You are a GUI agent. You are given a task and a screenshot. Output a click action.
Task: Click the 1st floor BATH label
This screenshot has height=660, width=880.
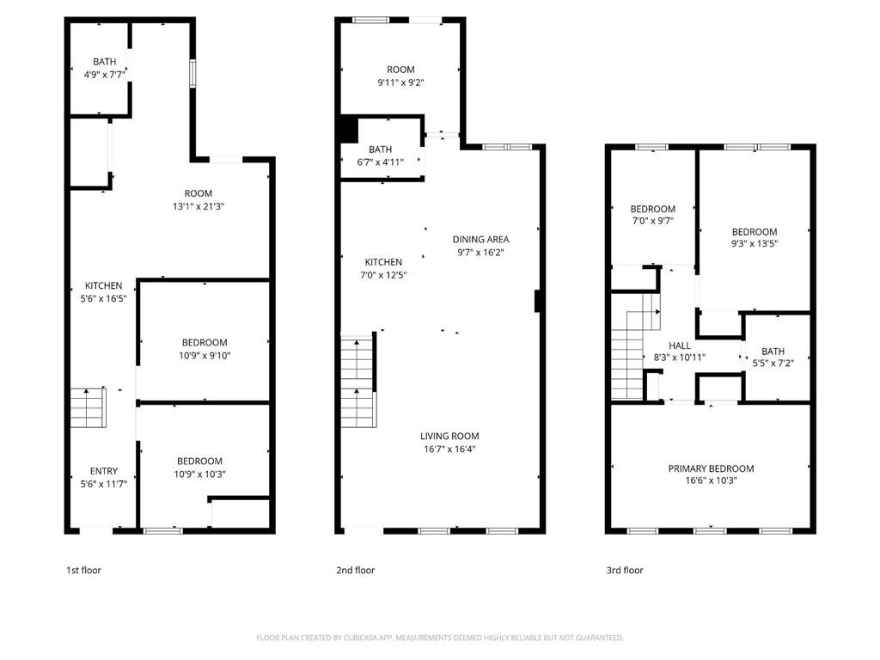104,61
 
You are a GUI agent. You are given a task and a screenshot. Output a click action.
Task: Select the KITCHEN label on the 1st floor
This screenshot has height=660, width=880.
103,286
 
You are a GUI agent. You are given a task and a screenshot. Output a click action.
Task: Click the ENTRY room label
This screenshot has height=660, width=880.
103,471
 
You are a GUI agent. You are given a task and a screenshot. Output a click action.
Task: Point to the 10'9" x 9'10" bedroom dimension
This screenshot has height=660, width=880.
205,356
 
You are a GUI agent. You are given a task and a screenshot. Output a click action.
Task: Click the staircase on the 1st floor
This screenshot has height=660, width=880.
87,408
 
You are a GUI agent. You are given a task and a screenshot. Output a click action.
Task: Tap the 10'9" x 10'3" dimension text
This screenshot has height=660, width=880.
199,474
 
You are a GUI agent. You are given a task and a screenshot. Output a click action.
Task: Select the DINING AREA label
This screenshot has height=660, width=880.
481,240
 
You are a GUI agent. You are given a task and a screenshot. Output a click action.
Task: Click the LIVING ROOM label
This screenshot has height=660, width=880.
449,436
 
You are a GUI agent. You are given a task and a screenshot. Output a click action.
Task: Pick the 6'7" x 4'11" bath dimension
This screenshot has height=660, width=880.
380,162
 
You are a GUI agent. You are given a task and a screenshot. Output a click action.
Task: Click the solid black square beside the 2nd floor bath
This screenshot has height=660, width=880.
348,130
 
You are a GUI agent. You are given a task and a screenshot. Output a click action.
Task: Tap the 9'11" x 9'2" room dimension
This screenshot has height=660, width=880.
400,82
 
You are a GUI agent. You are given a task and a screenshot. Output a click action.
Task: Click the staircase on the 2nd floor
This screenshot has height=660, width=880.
358,382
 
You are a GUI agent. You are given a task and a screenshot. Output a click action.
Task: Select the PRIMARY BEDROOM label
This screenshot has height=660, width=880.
711,468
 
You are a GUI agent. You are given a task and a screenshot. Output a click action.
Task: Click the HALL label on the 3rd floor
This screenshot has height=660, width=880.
680,345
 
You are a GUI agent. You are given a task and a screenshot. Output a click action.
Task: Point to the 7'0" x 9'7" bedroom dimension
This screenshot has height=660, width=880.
652,222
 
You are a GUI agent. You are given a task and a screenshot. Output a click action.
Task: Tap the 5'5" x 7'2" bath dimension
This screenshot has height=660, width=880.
773,364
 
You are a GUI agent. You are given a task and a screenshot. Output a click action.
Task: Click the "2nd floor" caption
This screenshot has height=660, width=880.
355,570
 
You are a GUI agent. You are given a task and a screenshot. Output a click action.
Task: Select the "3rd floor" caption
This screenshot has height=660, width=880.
624,570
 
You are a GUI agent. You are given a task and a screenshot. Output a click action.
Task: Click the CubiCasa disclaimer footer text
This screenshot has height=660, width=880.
439,638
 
